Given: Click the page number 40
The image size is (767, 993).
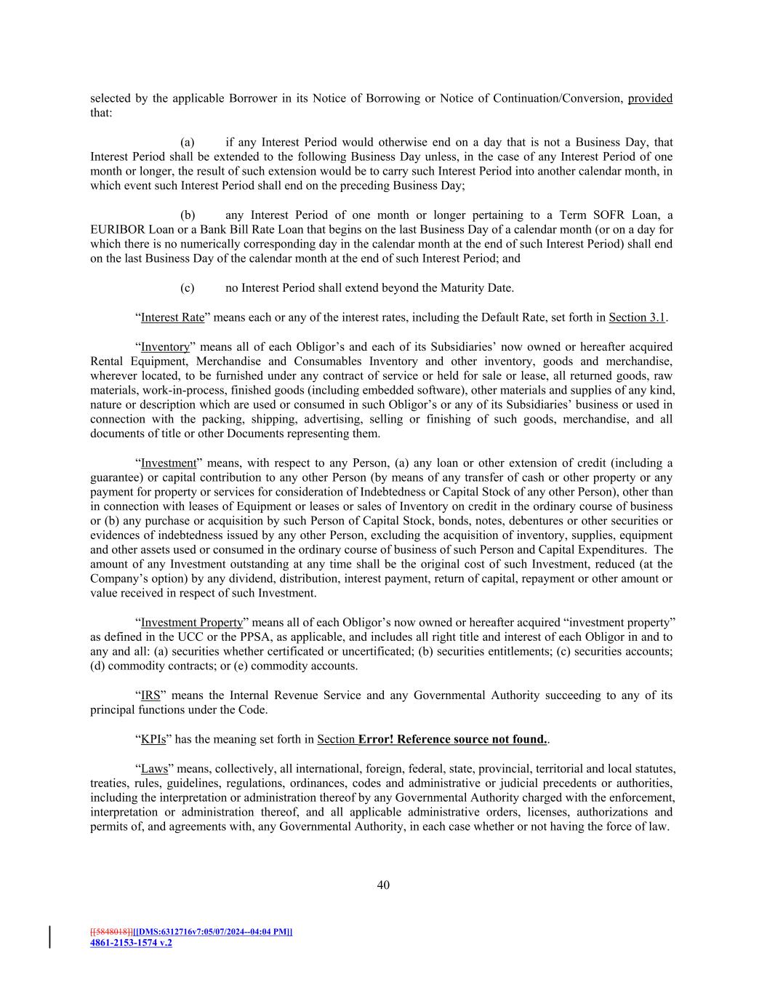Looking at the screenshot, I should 383,885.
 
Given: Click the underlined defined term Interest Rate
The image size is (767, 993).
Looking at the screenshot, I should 172,317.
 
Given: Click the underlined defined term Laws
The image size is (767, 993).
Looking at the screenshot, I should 154,768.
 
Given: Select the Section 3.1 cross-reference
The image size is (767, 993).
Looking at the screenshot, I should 637,317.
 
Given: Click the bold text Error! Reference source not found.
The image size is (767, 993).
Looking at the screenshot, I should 453,739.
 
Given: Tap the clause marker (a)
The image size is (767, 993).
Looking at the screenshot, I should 188,143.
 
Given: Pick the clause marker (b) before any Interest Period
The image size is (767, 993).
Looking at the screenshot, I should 188,215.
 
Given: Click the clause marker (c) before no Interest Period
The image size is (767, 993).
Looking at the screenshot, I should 188,288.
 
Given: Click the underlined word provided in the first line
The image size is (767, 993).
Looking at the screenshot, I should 650,98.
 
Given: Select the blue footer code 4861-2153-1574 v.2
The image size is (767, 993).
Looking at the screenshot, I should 131,942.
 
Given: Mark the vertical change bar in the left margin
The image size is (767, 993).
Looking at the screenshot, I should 50,937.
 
